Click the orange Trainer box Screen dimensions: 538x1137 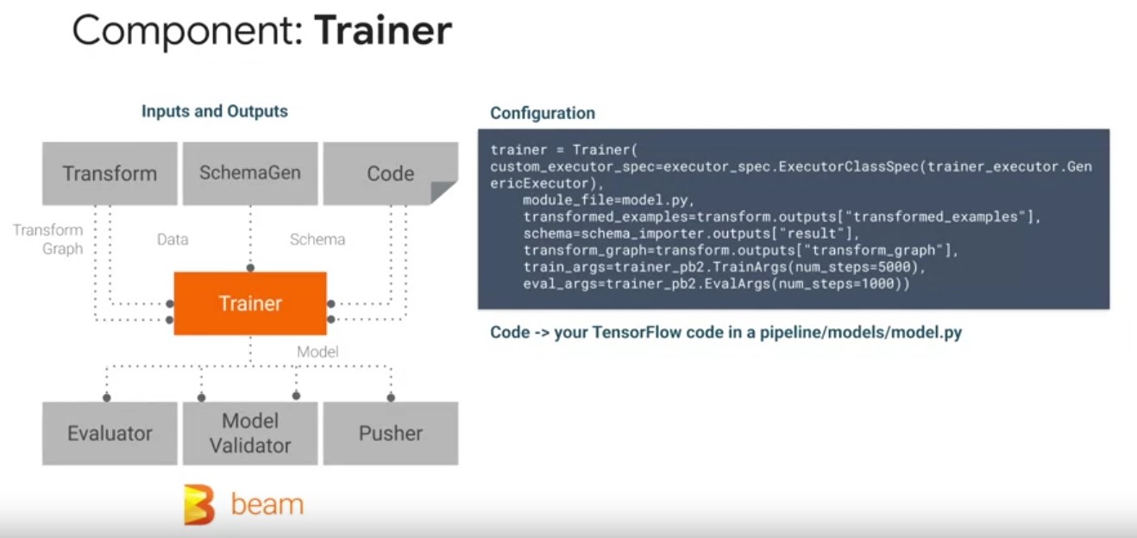coord(250,303)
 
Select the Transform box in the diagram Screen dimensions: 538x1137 coord(110,173)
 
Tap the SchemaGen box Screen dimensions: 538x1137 coord(250,172)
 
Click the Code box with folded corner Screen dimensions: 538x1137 coord(390,173)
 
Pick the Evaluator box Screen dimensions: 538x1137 coord(110,433)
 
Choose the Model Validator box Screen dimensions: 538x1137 coord(250,433)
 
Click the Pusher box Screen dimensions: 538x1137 coord(390,433)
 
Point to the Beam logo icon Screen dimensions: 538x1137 coord(199,504)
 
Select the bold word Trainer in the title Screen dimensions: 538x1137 coord(382,31)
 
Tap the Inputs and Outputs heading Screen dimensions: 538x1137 coord(215,111)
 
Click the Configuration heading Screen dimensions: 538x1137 coord(543,113)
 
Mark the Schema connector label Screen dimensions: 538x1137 coord(317,239)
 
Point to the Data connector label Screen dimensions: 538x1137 coord(173,239)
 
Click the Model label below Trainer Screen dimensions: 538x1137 coord(317,352)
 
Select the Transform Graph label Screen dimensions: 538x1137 coord(48,240)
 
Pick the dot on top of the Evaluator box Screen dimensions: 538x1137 coord(107,397)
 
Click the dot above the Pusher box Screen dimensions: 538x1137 coord(391,397)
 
